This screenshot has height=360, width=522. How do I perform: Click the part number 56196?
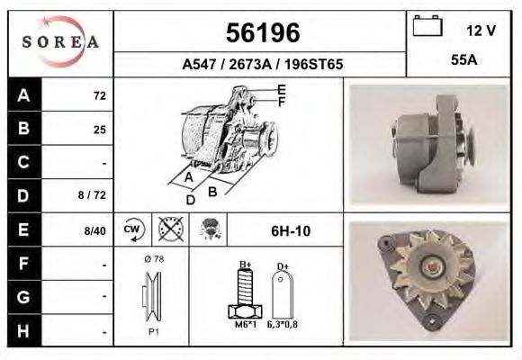[261, 33]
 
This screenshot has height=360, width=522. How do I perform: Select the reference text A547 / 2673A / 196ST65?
[262, 65]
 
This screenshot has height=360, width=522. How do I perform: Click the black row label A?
[23, 94]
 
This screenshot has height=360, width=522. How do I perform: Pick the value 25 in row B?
[99, 130]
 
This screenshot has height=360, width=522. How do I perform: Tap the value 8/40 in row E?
[94, 230]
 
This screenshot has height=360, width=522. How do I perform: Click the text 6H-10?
[291, 230]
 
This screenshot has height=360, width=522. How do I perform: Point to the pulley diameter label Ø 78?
[153, 259]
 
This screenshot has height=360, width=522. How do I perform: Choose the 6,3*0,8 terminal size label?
[283, 325]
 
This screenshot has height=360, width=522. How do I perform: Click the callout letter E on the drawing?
[282, 89]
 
